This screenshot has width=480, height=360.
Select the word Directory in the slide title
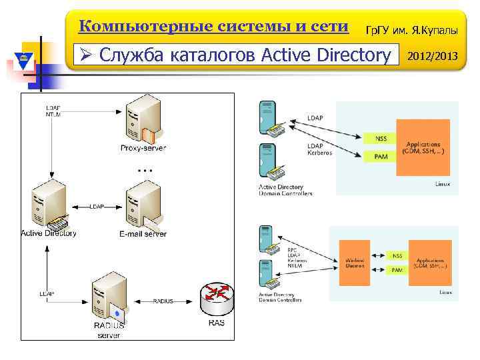coord(351,55)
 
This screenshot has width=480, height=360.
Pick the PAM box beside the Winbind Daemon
coord(397,270)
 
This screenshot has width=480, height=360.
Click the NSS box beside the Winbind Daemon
coord(397,255)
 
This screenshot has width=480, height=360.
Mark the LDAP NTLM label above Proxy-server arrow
coord(53,111)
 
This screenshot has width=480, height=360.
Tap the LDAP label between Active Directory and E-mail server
coord(97,207)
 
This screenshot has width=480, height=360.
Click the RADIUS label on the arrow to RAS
coord(163,301)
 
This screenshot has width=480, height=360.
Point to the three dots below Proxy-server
coord(144,171)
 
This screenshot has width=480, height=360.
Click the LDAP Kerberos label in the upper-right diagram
coord(319,149)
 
